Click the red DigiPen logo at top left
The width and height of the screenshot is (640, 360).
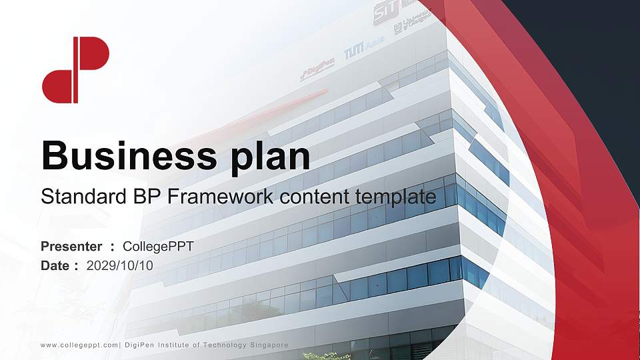pyautogui.click(x=75, y=70)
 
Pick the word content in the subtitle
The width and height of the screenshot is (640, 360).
pyautogui.click(x=316, y=197)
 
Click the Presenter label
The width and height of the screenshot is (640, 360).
pyautogui.click(x=71, y=247)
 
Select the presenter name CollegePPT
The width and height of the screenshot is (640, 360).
pyautogui.click(x=159, y=247)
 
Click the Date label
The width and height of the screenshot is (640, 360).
pyautogui.click(x=55, y=265)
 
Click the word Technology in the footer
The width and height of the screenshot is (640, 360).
pyautogui.click(x=217, y=345)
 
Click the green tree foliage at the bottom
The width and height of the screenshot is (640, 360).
pyautogui.click(x=327, y=356)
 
